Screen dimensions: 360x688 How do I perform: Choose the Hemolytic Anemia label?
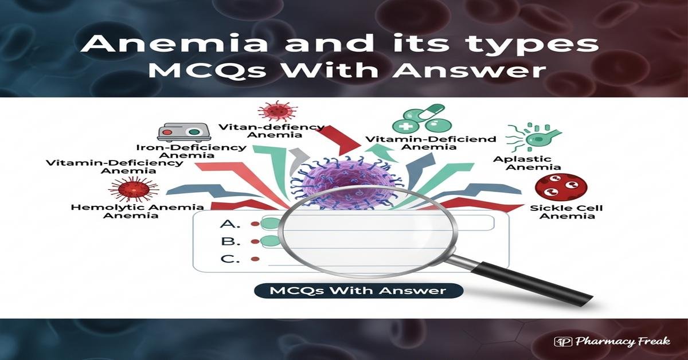[137, 211]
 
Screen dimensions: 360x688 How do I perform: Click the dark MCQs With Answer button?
[358, 291]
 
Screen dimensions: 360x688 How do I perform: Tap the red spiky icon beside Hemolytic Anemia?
[133, 189]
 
